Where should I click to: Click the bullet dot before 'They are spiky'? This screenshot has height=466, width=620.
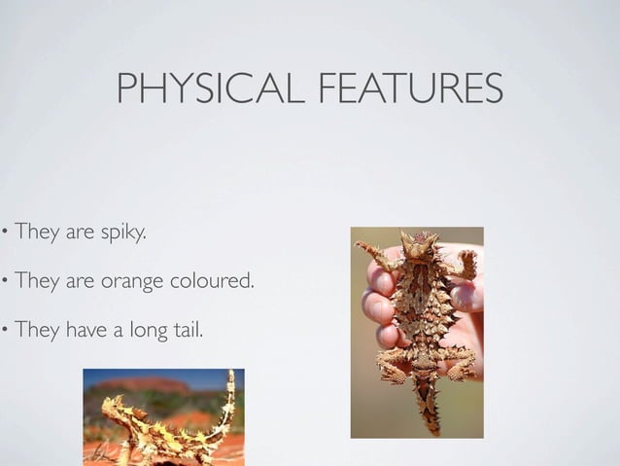[x=4, y=234]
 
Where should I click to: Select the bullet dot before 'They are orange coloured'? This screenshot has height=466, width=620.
[x=4, y=283]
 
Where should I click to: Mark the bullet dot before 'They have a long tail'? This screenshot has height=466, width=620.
[x=4, y=332]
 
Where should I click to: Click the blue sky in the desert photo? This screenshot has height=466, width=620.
[x=194, y=376]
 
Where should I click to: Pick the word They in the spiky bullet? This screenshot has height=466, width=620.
[x=37, y=233]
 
